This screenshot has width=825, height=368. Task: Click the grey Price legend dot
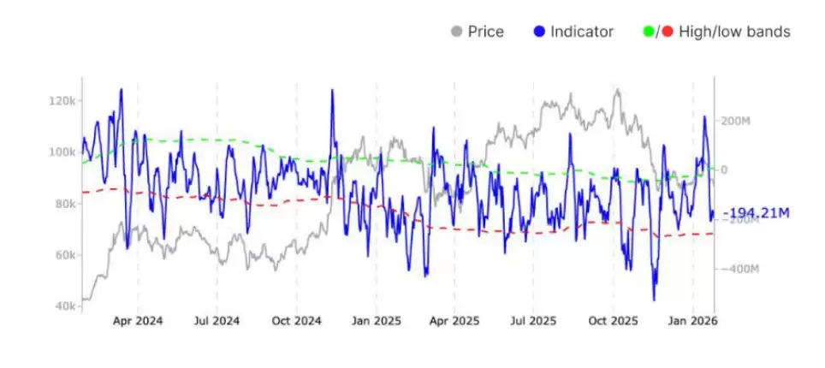(456, 33)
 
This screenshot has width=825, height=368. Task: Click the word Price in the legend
(485, 33)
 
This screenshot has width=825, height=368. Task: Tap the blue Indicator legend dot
(539, 33)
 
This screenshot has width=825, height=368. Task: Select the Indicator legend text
(582, 33)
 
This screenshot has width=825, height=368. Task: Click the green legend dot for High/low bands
(649, 33)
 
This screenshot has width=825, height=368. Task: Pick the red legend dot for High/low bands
(668, 33)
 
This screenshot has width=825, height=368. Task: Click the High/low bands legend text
(733, 33)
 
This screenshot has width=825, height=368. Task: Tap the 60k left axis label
(64, 255)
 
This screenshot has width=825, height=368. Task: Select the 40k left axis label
(64, 306)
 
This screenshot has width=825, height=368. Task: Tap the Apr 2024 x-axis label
(138, 322)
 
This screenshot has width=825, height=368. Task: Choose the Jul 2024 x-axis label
(217, 322)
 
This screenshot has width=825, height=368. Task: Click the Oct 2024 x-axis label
(296, 322)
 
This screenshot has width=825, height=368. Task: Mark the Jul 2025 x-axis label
(533, 322)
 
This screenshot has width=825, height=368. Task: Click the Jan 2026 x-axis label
(691, 322)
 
